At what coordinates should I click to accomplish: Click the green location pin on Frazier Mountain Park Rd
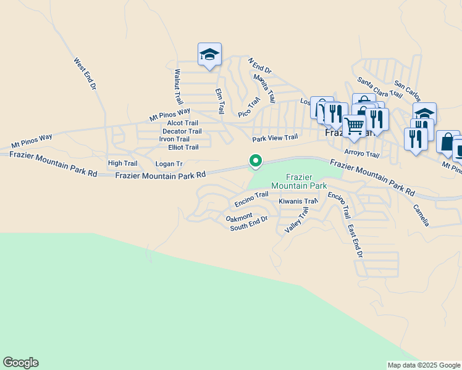tap(255, 161)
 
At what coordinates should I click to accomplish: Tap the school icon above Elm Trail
tap(209, 55)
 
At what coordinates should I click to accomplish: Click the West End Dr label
tap(85, 75)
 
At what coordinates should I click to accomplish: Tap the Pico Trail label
tap(250, 107)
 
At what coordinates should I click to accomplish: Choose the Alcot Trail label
tap(183, 123)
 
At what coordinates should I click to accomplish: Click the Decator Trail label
tap(182, 131)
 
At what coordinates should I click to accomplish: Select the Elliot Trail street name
tap(178, 147)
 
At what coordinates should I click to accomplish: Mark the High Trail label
tap(122, 163)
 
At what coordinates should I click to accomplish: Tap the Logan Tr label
tap(169, 164)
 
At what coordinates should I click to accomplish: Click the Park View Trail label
tap(275, 138)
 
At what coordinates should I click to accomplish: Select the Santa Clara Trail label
tap(380, 88)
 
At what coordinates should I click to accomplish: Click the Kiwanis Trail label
tap(298, 202)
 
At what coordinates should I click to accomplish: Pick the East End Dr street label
tap(355, 241)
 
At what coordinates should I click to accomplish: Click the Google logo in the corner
tap(21, 363)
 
